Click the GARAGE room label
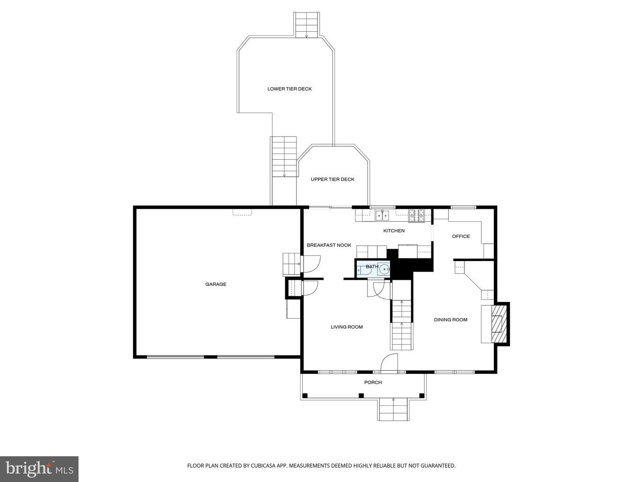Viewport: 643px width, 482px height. click(x=216, y=284)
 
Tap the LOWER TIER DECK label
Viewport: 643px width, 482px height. click(x=289, y=89)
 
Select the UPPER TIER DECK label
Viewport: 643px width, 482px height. click(x=333, y=179)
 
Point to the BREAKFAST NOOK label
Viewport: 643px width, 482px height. click(x=329, y=245)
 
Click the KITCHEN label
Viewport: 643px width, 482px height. click(x=394, y=231)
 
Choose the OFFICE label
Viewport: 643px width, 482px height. click(x=461, y=237)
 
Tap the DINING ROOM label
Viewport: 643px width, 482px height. click(x=451, y=320)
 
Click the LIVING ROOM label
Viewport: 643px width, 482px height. click(x=347, y=327)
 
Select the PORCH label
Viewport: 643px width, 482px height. click(x=373, y=382)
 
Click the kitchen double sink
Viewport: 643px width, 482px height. click(x=382, y=216)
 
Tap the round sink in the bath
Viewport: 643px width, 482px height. click(x=384, y=270)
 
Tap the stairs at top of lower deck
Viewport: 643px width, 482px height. click(x=306, y=25)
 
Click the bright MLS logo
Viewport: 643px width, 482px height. click(x=39, y=469)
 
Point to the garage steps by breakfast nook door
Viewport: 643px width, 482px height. click(x=291, y=264)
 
